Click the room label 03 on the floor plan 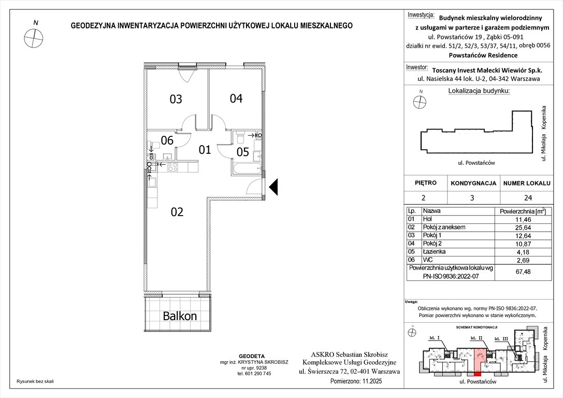(176, 99)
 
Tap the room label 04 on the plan (236, 98)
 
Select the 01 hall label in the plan (205, 150)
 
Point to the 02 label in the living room (177, 211)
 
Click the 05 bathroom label (243, 152)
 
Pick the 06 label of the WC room (166, 140)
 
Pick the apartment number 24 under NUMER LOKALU (528, 197)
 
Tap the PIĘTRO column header (426, 183)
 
